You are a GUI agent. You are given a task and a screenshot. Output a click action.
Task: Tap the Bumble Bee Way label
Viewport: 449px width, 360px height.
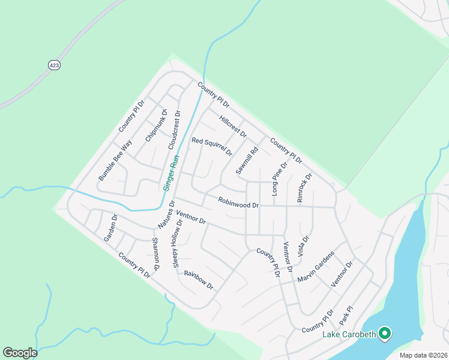(115, 161)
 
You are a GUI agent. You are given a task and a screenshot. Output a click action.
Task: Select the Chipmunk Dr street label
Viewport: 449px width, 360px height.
(155, 125)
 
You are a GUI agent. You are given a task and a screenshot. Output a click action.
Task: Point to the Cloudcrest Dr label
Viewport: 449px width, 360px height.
(174, 130)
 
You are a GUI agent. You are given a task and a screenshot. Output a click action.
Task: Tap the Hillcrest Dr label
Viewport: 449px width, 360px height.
(233, 126)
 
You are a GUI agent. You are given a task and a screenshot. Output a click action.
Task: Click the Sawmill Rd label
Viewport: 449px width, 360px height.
(247, 161)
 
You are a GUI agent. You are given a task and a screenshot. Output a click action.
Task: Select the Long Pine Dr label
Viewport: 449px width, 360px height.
(280, 179)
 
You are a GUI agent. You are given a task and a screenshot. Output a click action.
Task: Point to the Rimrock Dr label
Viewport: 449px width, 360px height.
(305, 188)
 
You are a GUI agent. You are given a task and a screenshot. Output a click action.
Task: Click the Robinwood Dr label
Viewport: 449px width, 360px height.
(238, 203)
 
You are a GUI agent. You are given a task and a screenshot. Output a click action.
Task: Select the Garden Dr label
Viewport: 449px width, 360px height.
(110, 227)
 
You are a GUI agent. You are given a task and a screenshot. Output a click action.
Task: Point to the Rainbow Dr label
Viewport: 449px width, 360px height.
(199, 280)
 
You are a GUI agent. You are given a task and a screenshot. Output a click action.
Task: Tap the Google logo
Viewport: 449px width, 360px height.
(20, 353)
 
